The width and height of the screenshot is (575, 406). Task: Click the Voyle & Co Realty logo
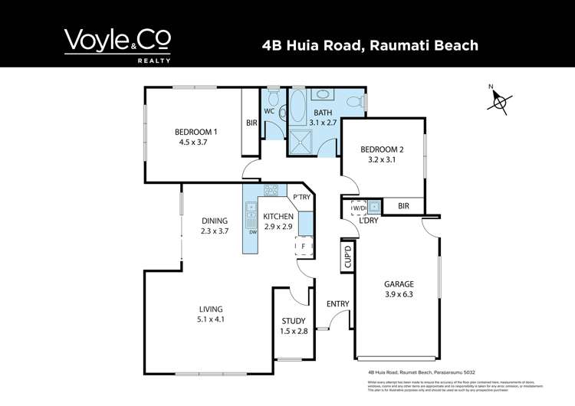[117, 45]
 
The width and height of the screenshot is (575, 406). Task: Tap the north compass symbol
[501, 101]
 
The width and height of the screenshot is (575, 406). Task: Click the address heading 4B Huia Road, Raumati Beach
[370, 45]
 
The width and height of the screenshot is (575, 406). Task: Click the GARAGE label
[397, 284]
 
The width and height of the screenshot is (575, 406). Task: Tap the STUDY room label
[294, 321]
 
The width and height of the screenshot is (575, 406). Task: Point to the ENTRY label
[337, 304]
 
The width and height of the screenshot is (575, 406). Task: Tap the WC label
[269, 111]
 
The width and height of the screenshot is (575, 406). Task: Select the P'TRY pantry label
[301, 196]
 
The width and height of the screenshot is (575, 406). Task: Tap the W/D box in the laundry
[358, 207]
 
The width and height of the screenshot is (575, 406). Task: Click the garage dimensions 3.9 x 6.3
[397, 295]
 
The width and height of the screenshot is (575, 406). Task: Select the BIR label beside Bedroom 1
[251, 123]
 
